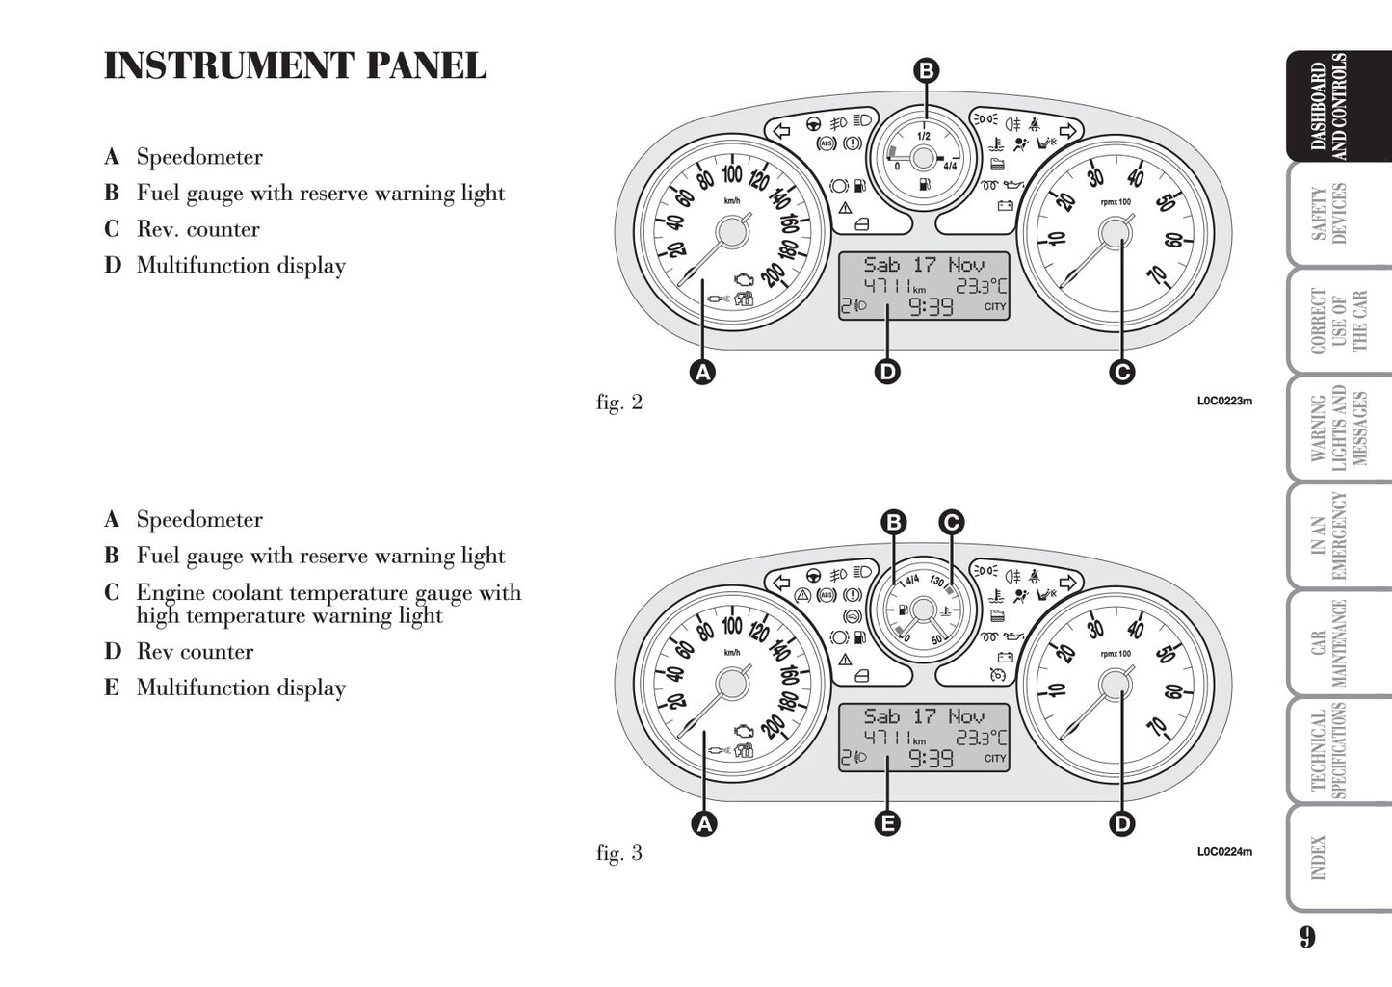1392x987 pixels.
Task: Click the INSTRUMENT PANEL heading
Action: [x=295, y=66]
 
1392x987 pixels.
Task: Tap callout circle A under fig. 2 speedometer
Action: [x=703, y=371]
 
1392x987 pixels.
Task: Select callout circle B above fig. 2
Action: [x=925, y=70]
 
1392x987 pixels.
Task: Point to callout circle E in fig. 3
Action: [x=887, y=823]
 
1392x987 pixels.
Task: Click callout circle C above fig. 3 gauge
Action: [x=951, y=523]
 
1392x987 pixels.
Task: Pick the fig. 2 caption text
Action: [x=618, y=403]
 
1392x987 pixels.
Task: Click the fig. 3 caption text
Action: [x=618, y=853]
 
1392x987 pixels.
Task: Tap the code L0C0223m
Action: [x=1224, y=401]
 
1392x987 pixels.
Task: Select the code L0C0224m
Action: [x=1224, y=851]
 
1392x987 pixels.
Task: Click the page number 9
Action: [x=1305, y=936]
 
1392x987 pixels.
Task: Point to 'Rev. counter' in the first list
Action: [x=197, y=229]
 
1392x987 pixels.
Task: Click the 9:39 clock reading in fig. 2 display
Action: [x=932, y=307]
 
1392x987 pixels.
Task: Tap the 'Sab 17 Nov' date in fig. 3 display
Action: [x=924, y=716]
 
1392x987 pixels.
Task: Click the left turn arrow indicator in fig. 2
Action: [x=782, y=130]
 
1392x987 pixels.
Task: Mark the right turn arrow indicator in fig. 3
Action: [x=1065, y=584]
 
